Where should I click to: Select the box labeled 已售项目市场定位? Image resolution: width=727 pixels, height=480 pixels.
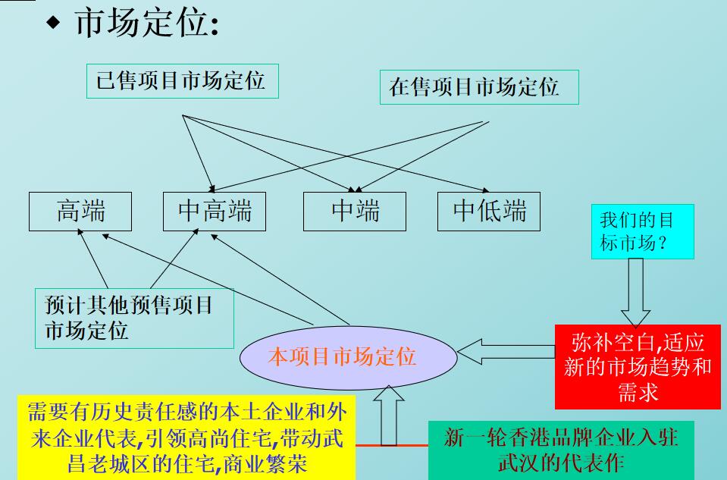coord(181,81)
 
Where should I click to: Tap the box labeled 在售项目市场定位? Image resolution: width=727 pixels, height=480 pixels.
coord(478,87)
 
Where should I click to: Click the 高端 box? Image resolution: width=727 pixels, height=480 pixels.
coord(80,211)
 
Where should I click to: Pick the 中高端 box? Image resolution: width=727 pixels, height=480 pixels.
coord(215,211)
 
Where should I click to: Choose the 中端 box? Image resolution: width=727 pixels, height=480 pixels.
coord(355,211)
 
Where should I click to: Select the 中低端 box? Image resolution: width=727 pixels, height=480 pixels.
coord(489,211)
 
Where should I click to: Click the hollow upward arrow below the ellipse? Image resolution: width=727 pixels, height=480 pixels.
coord(389,416)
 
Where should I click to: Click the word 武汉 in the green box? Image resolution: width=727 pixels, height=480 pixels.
coord(515,462)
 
